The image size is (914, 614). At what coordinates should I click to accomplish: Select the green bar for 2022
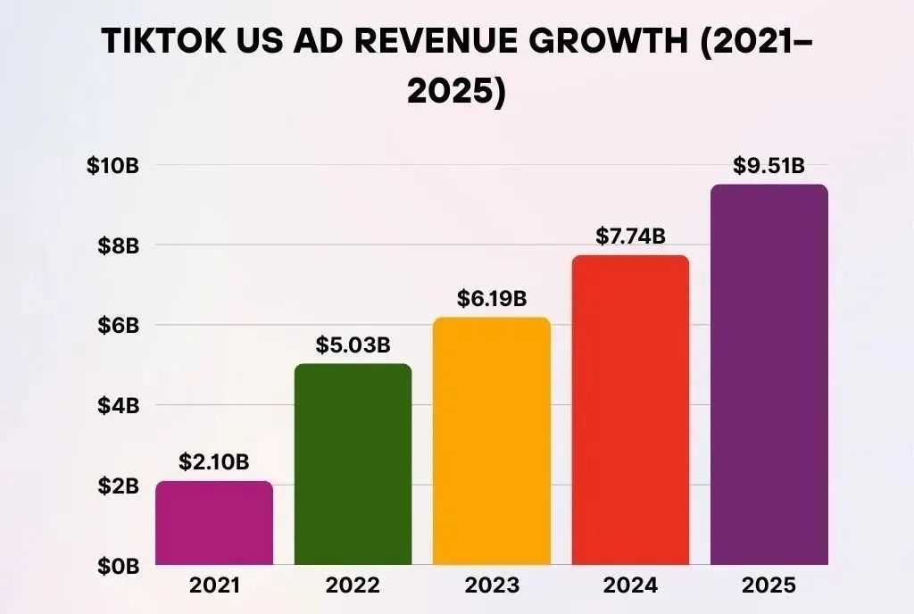coord(353,464)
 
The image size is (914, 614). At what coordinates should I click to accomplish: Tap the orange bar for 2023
coord(492,441)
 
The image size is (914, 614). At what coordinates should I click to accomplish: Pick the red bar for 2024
coord(630,410)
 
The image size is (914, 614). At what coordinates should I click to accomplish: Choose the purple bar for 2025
coord(769,375)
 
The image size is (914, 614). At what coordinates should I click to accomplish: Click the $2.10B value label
coord(214,462)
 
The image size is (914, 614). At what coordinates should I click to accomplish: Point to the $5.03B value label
coord(353,345)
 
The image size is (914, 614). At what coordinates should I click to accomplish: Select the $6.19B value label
coord(492,298)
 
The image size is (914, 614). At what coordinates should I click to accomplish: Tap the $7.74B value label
coord(630,236)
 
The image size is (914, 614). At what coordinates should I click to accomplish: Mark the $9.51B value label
coord(769,166)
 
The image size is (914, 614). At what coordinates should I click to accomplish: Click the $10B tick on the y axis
coord(114,166)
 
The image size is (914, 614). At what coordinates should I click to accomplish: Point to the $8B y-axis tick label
coord(119,245)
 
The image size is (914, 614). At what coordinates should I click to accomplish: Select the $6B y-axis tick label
coord(119,326)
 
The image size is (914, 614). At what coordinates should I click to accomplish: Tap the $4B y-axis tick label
coord(119,406)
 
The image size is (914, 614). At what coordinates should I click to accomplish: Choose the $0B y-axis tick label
coord(119,566)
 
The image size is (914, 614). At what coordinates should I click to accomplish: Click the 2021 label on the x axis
coord(214,586)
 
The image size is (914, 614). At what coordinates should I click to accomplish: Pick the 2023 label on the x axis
coord(492,586)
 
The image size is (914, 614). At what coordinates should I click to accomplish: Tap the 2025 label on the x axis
coord(769,586)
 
